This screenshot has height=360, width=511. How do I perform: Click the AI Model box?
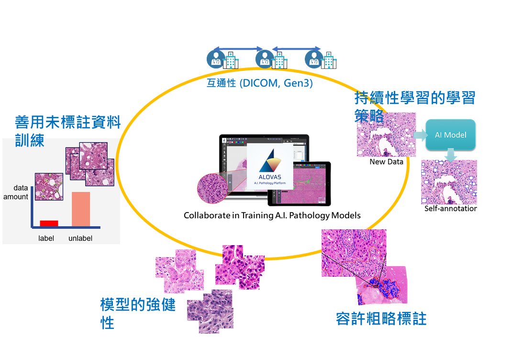[450, 135]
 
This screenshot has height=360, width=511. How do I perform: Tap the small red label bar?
[49, 223]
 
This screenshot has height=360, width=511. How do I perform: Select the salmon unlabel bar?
[81, 209]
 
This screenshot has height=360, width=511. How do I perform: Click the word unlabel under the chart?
[80, 238]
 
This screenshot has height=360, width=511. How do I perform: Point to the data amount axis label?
[16, 192]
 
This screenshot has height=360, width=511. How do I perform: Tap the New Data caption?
[386, 162]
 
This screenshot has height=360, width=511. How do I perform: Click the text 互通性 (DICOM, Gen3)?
[260, 83]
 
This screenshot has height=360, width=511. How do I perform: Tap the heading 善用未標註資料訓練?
[67, 130]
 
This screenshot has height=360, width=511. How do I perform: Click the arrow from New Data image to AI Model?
[421, 135]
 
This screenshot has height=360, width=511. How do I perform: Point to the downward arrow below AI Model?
[450, 155]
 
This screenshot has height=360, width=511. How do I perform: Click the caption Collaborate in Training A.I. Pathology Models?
[272, 215]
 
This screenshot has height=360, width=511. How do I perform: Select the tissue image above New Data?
[386, 135]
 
